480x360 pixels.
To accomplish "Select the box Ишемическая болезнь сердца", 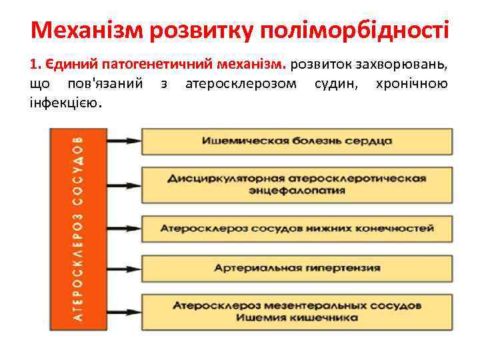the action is (x=297, y=141).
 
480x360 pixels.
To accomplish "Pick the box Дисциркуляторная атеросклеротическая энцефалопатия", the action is (x=297, y=184).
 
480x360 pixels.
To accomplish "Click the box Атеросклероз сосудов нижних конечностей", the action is (x=297, y=228).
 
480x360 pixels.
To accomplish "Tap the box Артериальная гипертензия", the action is (x=297, y=267).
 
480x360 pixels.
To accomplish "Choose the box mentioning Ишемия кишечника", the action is (x=297, y=311).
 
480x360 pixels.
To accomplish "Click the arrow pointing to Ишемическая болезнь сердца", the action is (x=123, y=141).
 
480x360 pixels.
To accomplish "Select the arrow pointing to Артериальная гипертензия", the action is (x=123, y=267).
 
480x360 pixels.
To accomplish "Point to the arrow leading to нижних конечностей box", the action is (x=123, y=228).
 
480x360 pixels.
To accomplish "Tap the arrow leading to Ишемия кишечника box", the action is (x=123, y=311).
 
